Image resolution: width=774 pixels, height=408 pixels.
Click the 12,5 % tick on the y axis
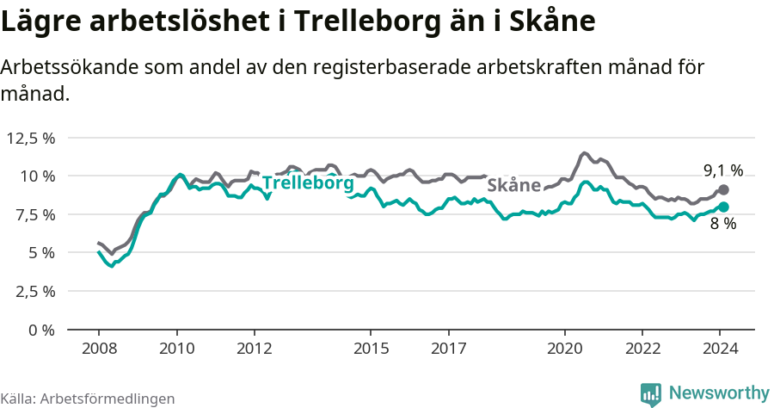tap(31, 138)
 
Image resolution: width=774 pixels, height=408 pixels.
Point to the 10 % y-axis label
tap(37, 176)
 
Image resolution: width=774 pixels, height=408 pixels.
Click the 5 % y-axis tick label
tap(41, 253)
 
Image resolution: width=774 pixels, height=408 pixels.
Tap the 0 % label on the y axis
tap(41, 330)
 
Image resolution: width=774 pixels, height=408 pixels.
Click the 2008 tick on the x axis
tap(99, 349)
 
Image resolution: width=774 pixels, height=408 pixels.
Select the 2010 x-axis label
tap(177, 349)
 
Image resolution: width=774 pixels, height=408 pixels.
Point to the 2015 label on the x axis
tap(371, 349)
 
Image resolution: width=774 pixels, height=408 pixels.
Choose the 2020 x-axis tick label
tap(565, 349)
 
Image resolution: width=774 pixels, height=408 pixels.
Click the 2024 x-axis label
tap(721, 349)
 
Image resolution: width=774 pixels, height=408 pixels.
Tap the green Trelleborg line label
tap(308, 183)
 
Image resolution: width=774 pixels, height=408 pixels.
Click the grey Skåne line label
tap(513, 185)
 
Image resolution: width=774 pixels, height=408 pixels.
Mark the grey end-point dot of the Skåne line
tap(723, 189)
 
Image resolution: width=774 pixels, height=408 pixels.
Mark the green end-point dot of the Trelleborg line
tap(723, 207)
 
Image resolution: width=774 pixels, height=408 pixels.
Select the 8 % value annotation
tap(723, 224)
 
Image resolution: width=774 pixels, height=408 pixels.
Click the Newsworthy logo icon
tap(651, 394)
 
